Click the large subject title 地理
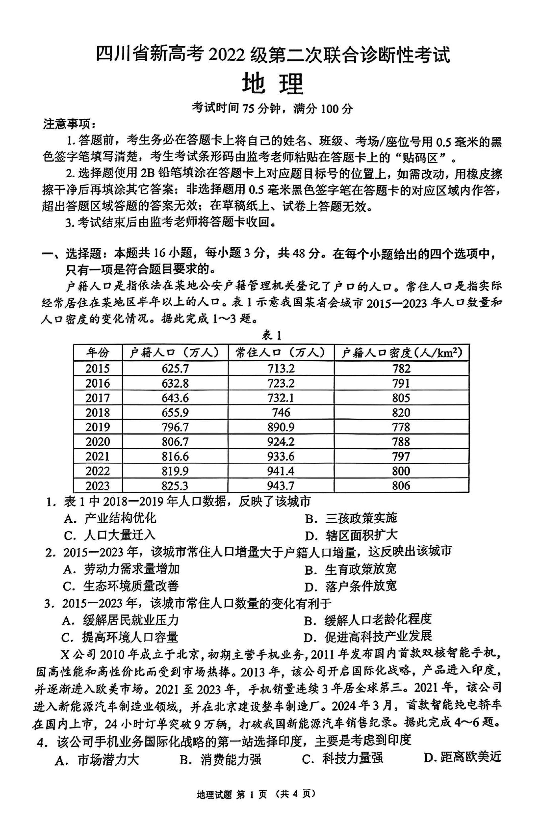(x=273, y=84)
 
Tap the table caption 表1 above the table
(x=271, y=335)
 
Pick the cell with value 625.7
(x=175, y=368)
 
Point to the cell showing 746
(x=281, y=412)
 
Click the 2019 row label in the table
(x=98, y=427)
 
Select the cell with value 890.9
(x=281, y=427)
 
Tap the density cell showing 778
(x=401, y=427)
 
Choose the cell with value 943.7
(x=281, y=485)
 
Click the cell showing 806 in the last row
(x=401, y=485)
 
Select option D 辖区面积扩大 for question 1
(x=351, y=535)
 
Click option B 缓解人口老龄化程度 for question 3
(x=368, y=620)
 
